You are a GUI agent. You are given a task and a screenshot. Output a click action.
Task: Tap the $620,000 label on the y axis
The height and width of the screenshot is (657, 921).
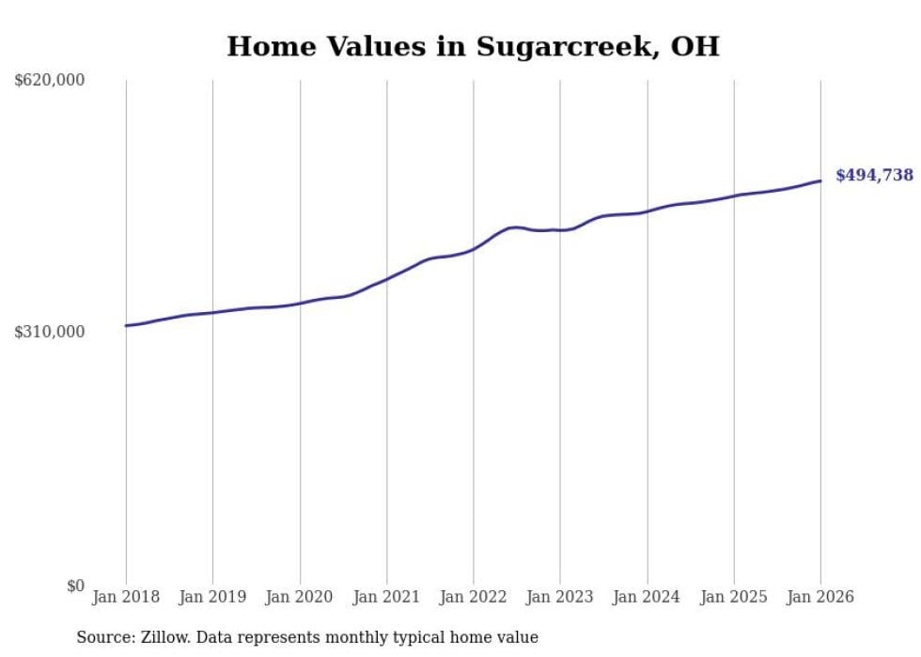[50, 81]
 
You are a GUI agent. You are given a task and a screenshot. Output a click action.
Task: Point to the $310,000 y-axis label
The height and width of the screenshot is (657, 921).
[50, 332]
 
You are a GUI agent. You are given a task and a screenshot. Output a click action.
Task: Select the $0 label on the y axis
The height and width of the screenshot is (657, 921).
[75, 586]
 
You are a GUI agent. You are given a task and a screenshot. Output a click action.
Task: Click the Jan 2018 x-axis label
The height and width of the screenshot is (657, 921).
[126, 597]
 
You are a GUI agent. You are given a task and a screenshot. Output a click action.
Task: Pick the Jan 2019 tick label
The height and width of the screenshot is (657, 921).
[212, 597]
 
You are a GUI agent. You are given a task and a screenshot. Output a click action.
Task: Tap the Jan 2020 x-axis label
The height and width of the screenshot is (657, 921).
[300, 597]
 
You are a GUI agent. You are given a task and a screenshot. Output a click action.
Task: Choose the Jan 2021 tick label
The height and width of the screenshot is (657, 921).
[386, 597]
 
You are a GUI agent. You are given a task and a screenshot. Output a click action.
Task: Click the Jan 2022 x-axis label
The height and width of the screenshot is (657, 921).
[474, 597]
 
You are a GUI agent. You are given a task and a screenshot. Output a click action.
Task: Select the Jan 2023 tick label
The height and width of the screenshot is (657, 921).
[560, 597]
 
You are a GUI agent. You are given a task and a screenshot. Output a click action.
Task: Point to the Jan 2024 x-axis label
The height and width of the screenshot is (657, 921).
[647, 597]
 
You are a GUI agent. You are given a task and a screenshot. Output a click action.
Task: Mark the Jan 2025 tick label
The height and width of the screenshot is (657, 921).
[734, 597]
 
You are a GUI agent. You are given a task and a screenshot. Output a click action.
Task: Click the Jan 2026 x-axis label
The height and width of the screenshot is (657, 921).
[820, 597]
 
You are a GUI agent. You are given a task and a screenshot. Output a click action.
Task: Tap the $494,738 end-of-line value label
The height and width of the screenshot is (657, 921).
[874, 175]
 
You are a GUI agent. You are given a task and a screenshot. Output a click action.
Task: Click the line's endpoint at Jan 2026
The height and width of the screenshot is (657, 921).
[820, 180]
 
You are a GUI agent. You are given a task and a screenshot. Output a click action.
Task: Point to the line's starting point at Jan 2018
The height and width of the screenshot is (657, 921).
[126, 325]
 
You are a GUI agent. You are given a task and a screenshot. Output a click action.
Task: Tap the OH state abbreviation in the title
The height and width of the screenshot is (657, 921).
[695, 46]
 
